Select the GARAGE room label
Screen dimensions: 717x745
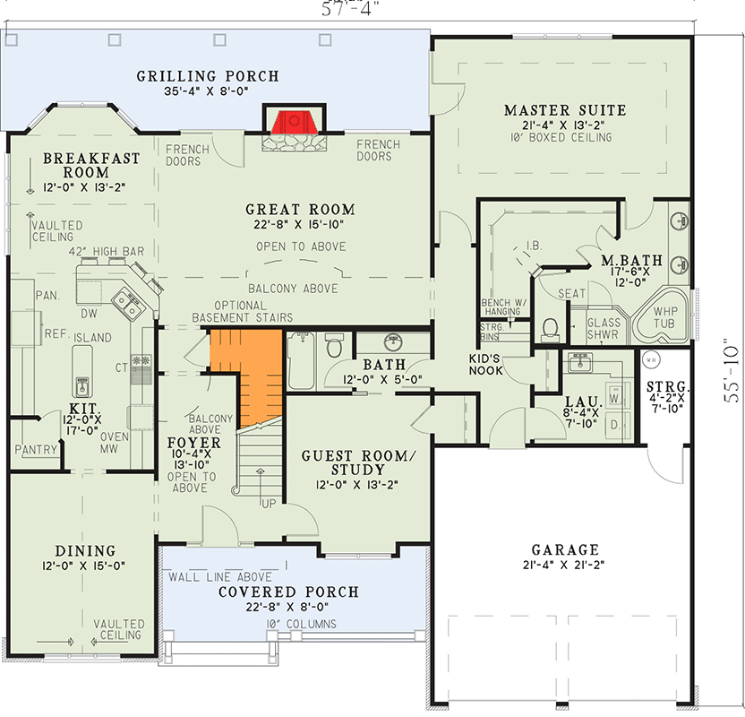coord(564,549)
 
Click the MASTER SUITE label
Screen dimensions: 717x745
coord(564,110)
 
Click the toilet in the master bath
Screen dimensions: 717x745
coord(551,330)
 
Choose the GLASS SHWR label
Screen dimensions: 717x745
coord(604,330)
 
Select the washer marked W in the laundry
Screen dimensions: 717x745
coord(615,394)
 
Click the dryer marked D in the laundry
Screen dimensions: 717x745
coord(615,424)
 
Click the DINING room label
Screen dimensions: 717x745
coord(84,550)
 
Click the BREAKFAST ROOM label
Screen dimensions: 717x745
coord(91,165)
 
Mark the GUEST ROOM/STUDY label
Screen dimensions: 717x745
coord(343,462)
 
